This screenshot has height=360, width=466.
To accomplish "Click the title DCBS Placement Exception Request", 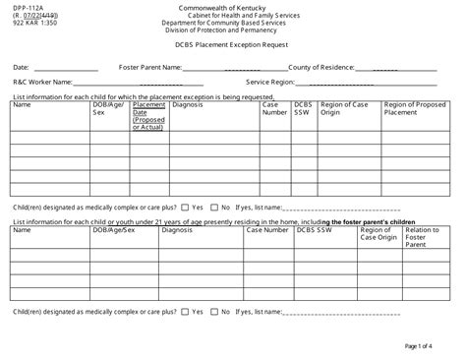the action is click(x=232, y=45).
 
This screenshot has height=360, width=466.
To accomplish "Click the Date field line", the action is click(x=66, y=69).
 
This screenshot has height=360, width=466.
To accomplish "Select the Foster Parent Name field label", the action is click(x=149, y=67).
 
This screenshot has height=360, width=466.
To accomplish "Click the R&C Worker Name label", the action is click(x=42, y=83).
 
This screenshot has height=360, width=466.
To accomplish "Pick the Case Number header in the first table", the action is click(x=274, y=108).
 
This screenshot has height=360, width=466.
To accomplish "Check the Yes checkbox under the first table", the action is click(x=187, y=208).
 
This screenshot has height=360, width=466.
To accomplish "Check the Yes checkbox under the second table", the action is click(x=186, y=311).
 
